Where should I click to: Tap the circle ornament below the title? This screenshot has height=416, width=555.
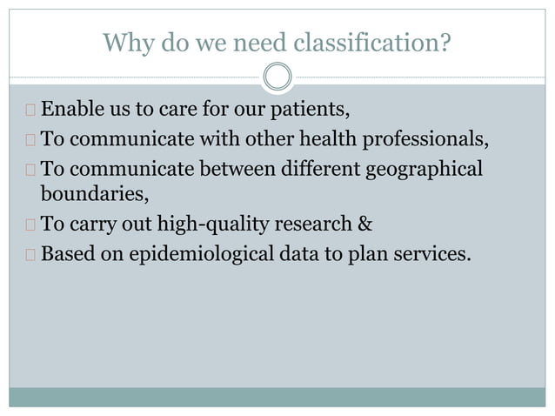277,77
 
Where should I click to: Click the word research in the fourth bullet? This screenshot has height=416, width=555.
311,224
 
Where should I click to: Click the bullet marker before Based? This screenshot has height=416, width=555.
30,253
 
